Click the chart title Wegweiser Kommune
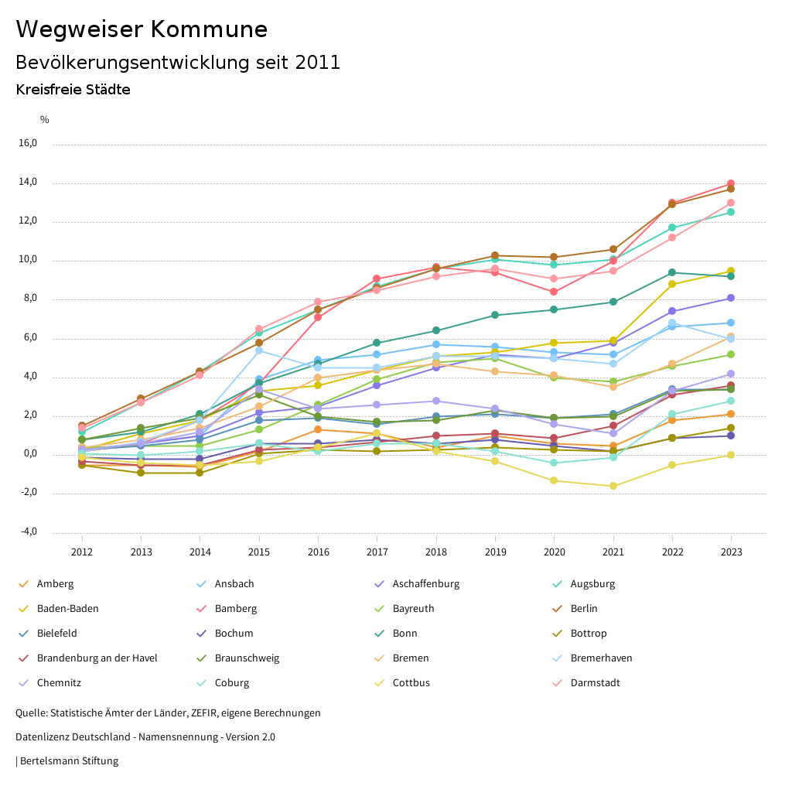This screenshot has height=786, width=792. pyautogui.click(x=142, y=29)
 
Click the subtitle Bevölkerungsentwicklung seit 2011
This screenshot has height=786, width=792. pyautogui.click(x=178, y=63)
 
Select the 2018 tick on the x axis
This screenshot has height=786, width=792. pyautogui.click(x=436, y=552)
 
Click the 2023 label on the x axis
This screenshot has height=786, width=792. pyautogui.click(x=731, y=552)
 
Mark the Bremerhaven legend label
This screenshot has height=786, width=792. pyautogui.click(x=601, y=658)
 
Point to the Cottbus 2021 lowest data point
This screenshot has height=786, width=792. pyautogui.click(x=613, y=486)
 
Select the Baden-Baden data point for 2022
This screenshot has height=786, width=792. pyautogui.click(x=672, y=284)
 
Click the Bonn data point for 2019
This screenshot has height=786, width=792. pyautogui.click(x=495, y=315)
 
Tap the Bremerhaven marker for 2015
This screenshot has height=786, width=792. pyautogui.click(x=259, y=350)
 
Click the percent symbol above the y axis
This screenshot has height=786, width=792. pyautogui.click(x=44, y=120)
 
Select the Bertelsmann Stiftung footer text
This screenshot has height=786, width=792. pyautogui.click(x=68, y=761)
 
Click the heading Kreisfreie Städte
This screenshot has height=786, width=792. pyautogui.click(x=73, y=90)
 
